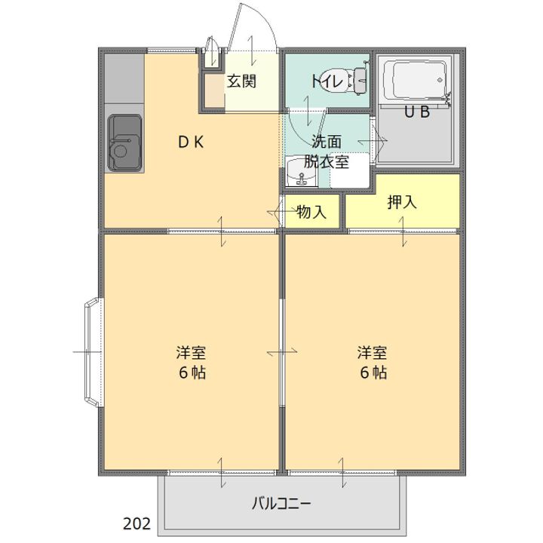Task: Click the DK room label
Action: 191,142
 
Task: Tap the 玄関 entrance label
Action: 242,81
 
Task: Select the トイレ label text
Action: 328,81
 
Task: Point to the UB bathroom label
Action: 417,112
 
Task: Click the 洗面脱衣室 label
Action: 327,152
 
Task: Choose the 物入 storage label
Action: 311,211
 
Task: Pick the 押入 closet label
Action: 402,202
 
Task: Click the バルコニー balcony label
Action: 281,504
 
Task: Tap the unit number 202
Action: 137,524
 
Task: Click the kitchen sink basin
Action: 125,143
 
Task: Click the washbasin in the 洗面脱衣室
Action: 301,171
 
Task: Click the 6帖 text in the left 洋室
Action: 192,373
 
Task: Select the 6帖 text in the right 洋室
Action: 373,373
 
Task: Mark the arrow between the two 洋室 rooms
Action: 282,352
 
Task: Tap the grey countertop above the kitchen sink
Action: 124,78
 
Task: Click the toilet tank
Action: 360,81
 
